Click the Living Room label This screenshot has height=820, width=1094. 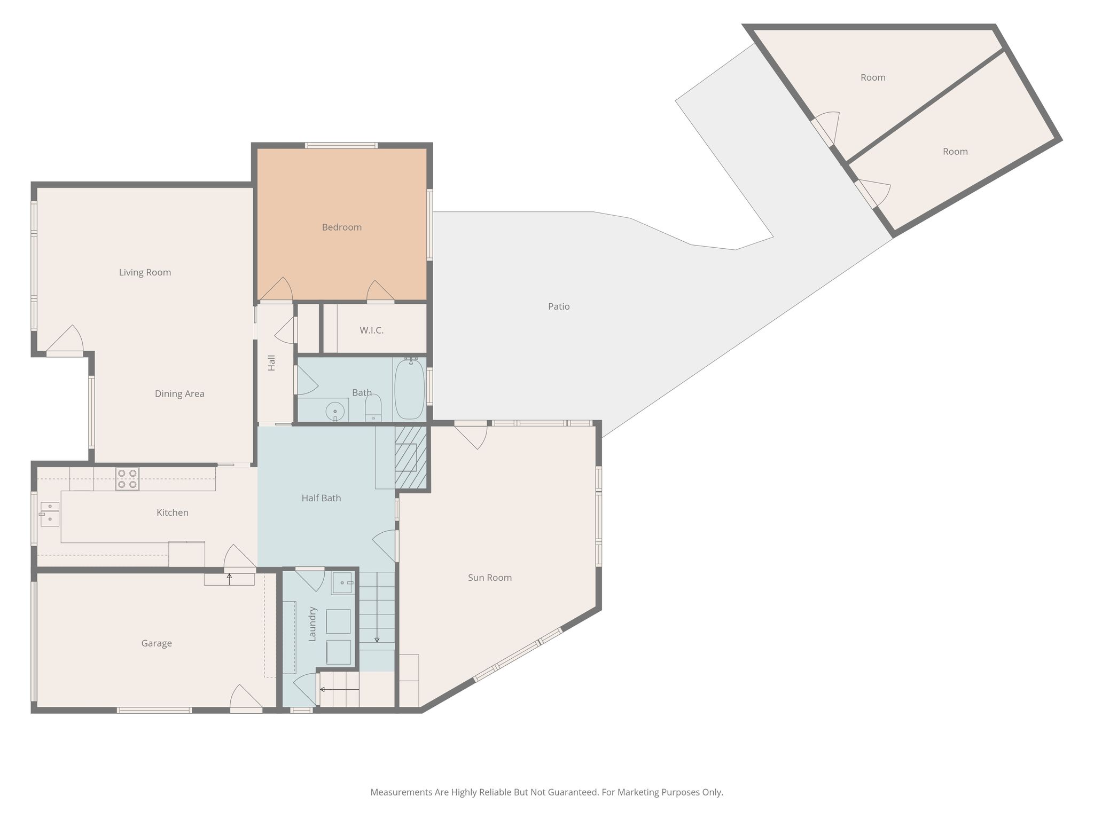pos(145,272)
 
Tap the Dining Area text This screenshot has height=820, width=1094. pos(179,394)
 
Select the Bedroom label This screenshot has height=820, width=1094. pos(342,227)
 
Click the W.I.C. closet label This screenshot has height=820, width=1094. pos(372,330)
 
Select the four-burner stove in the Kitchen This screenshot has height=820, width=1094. pos(127,479)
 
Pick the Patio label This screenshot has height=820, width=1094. pos(559,306)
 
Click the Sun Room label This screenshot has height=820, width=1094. pos(490,578)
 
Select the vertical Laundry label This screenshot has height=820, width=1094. pos(313,624)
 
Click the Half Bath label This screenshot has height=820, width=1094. pos(321,498)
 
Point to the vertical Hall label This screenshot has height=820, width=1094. pos(271,363)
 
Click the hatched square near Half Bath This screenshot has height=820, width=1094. pos(411,458)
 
